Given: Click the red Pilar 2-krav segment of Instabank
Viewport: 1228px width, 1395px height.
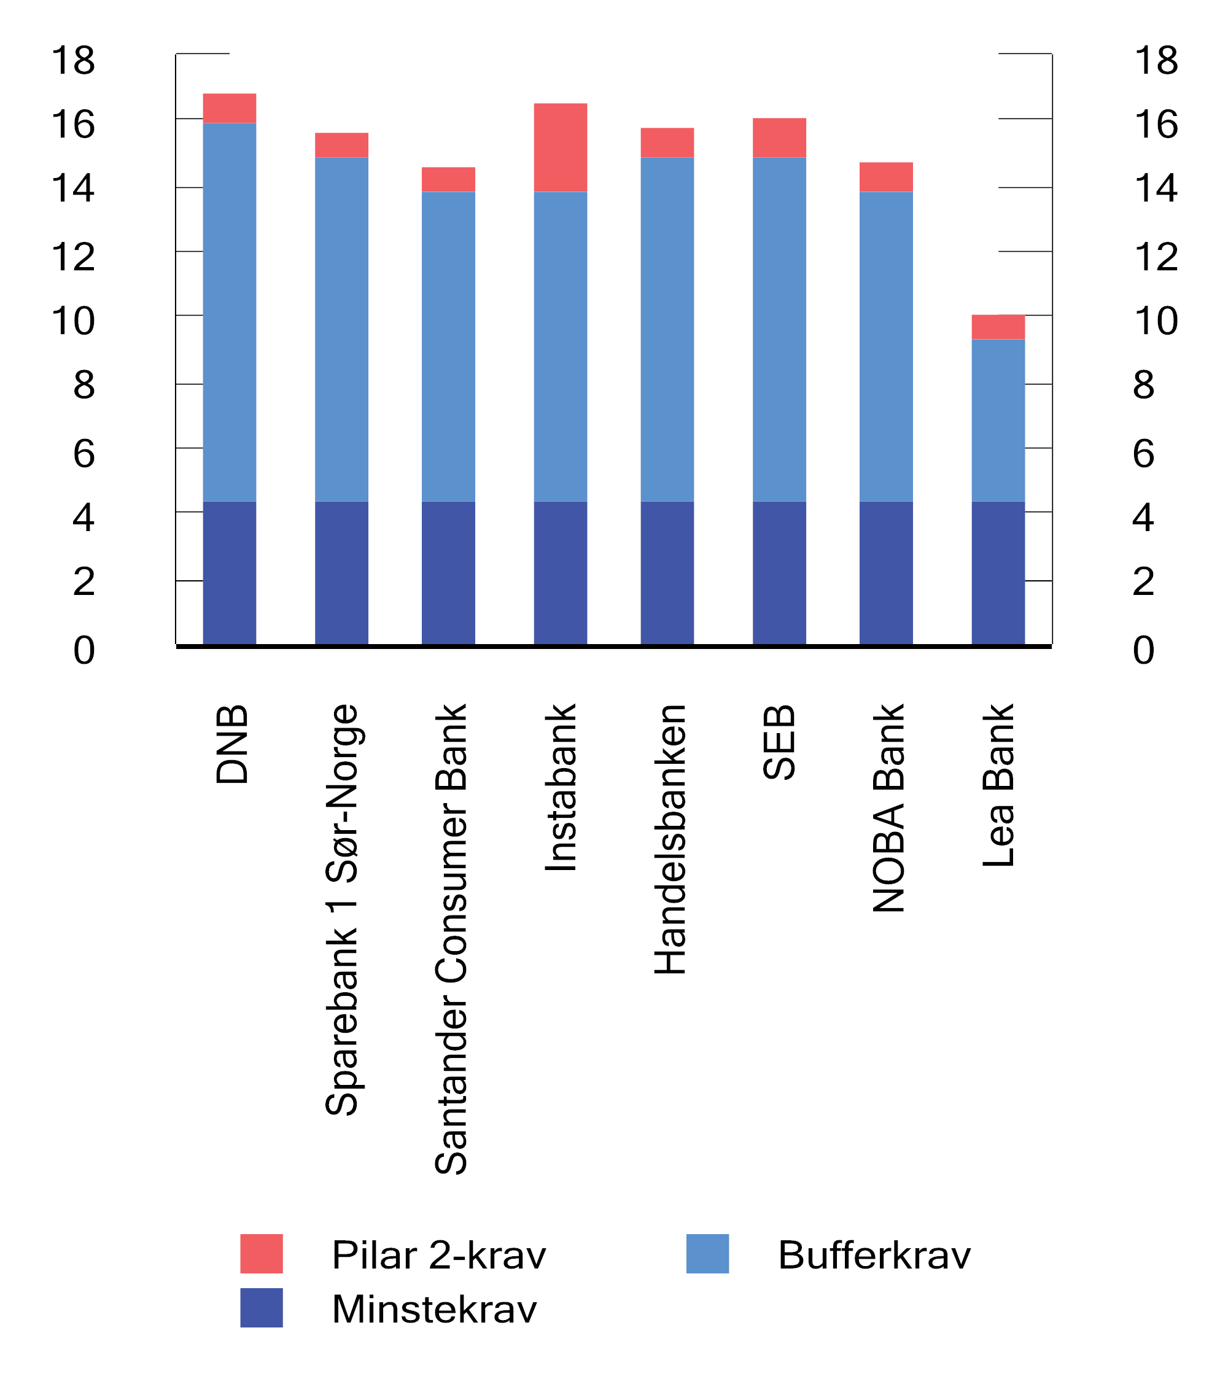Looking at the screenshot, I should point(560,147).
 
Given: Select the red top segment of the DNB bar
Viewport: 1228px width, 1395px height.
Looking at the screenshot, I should point(230,108).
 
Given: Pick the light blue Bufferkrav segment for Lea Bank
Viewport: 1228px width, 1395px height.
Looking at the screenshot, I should point(998,420).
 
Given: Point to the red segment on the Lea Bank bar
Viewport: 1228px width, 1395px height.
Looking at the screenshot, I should point(998,327).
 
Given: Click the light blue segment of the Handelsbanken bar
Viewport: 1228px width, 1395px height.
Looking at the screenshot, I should point(667,329).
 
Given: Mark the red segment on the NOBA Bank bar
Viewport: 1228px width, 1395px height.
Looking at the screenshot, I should point(885,177).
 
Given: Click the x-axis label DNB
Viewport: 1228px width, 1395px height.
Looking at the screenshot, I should point(231,745).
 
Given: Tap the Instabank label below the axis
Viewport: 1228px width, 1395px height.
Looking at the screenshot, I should point(561,788).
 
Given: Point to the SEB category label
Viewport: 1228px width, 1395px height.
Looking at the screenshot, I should point(779,742).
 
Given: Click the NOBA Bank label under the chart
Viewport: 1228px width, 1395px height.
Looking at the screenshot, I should point(888,808).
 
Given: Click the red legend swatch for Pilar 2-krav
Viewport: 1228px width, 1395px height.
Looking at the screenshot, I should point(262,1254).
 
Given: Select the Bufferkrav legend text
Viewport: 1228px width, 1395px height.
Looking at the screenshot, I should point(874,1255).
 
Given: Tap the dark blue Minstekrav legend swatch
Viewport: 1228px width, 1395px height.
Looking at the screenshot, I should point(262,1308).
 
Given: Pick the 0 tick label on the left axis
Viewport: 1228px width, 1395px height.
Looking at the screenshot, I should point(84,650).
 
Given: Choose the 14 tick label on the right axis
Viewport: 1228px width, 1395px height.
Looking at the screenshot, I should point(1156,188).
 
